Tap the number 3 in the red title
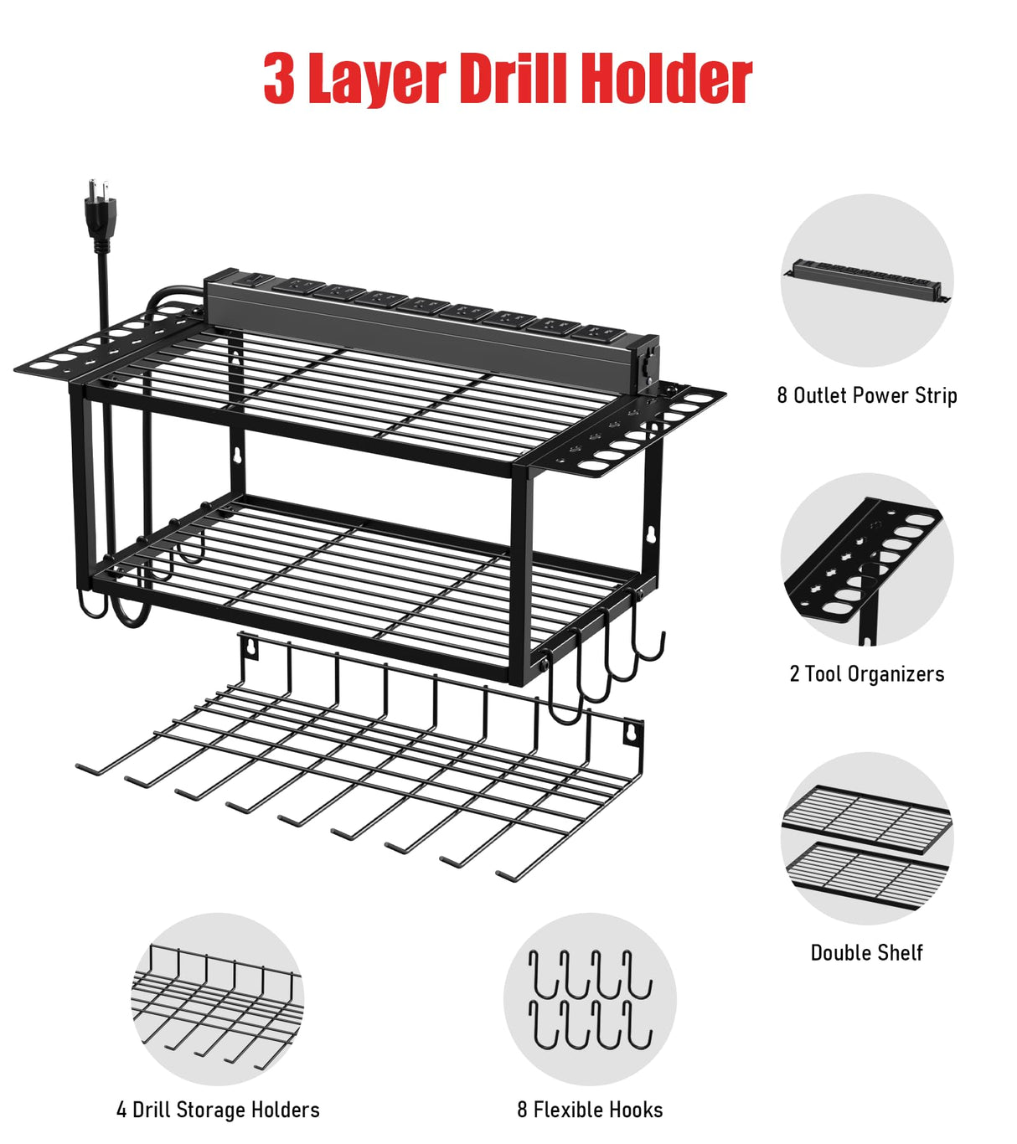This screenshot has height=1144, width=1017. tap(279, 79)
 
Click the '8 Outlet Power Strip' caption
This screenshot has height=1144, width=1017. tap(866, 395)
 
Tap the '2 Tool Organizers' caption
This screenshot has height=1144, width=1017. tap(866, 674)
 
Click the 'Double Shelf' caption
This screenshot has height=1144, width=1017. tap(866, 953)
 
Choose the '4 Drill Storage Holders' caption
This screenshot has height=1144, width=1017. tap(218, 1111)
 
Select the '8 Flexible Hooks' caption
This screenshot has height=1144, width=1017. tap(590, 1111)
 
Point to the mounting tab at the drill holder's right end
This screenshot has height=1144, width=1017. tap(632, 734)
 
